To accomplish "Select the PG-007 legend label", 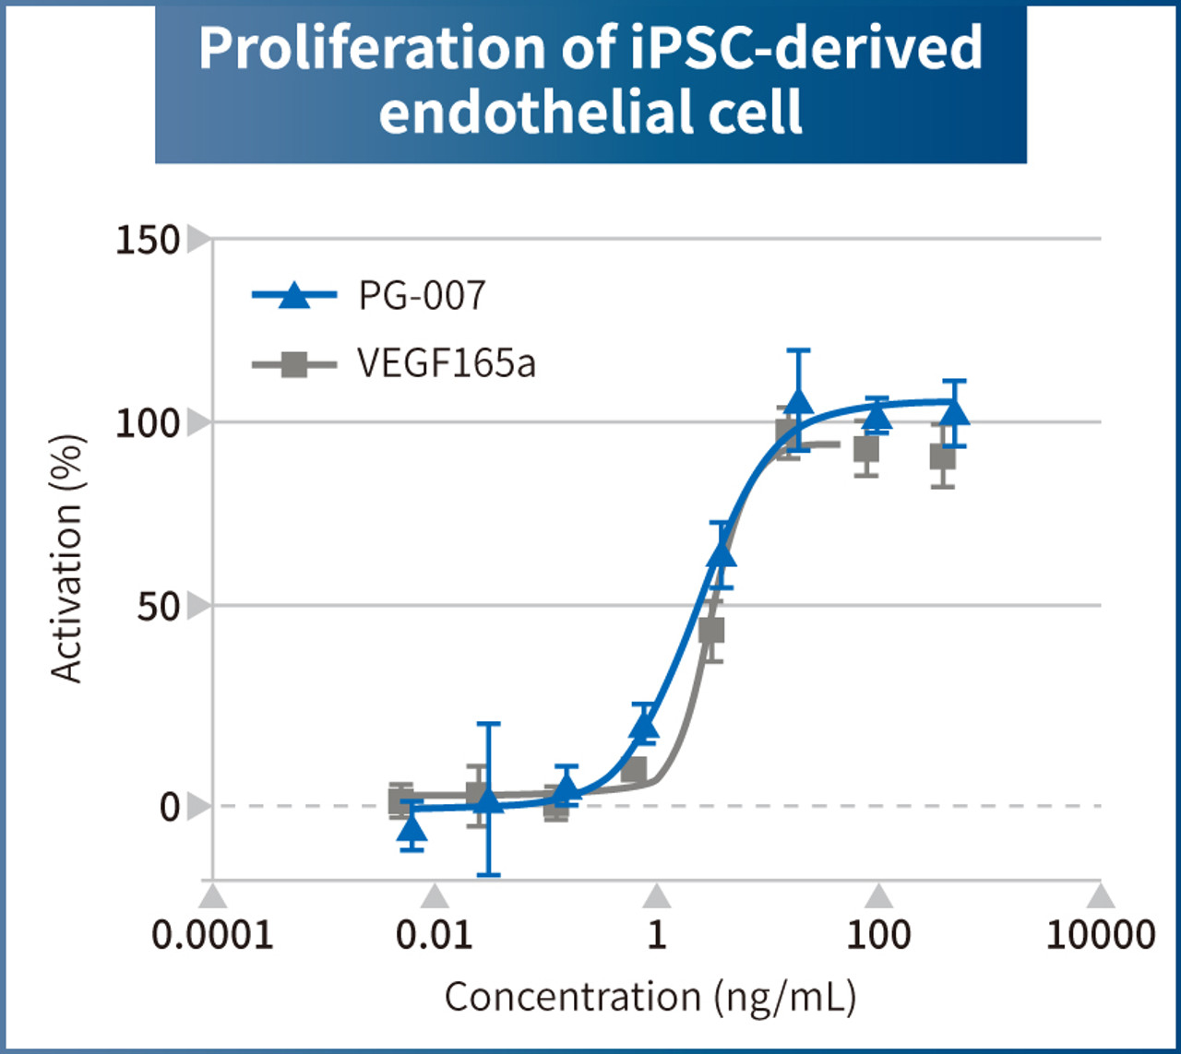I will pyautogui.click(x=422, y=296).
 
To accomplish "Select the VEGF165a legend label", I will pyautogui.click(x=446, y=363).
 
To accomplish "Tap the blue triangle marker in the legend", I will pyautogui.click(x=293, y=295).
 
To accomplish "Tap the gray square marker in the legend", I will pyautogui.click(x=293, y=364).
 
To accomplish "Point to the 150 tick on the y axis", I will pyautogui.click(x=147, y=240).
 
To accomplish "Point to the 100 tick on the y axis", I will pyautogui.click(x=147, y=423).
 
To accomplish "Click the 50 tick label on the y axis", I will pyautogui.click(x=158, y=607).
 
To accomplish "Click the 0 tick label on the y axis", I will pyautogui.click(x=169, y=807).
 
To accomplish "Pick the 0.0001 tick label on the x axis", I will pyautogui.click(x=212, y=935).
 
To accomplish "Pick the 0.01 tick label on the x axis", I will pyautogui.click(x=435, y=935).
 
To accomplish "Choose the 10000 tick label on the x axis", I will pyautogui.click(x=1100, y=935).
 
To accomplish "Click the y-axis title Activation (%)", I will pyautogui.click(x=67, y=558).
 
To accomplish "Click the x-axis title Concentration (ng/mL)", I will pyautogui.click(x=650, y=998).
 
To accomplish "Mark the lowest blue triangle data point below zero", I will pyautogui.click(x=412, y=828).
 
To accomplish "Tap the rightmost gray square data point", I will pyautogui.click(x=942, y=456).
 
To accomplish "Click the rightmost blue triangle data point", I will pyautogui.click(x=955, y=411).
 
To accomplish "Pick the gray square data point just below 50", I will pyautogui.click(x=711, y=631).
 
